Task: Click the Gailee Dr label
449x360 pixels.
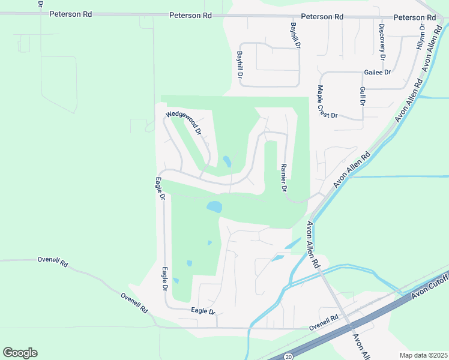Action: click(377, 73)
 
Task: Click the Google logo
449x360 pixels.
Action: click(20, 353)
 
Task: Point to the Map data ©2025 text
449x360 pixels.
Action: click(423, 355)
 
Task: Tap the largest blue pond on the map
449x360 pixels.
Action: click(214, 207)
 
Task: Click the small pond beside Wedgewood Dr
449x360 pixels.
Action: click(227, 161)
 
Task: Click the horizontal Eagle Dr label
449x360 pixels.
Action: click(203, 311)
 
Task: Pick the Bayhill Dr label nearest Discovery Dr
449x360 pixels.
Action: click(294, 36)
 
